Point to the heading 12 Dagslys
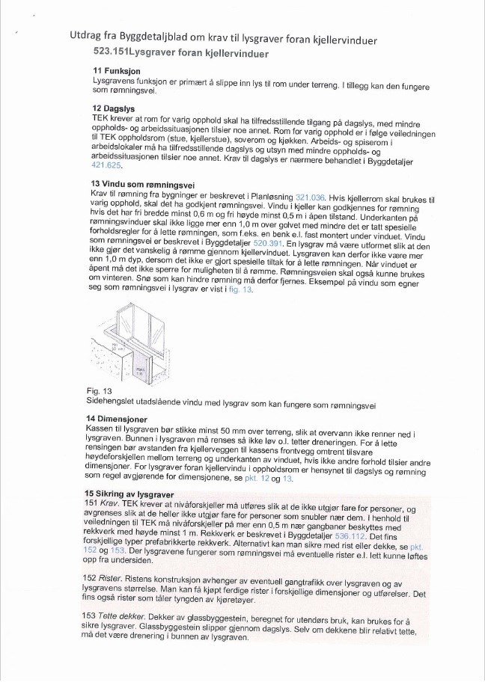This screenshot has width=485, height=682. (x=113, y=108)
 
